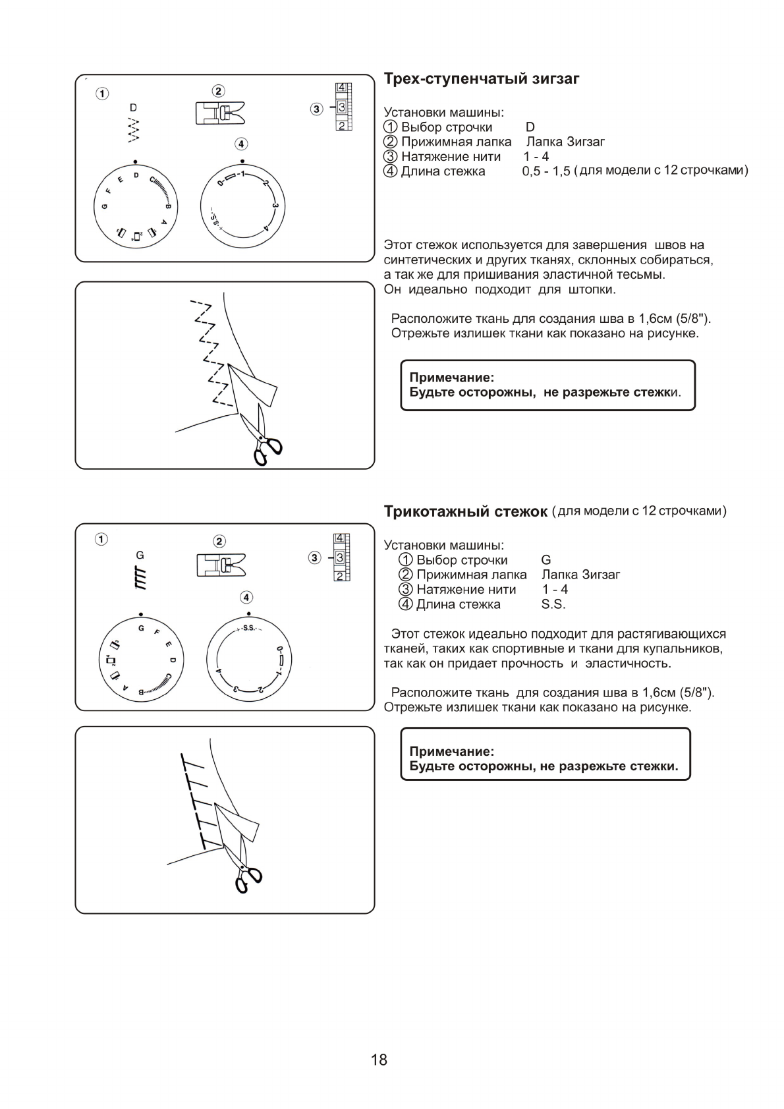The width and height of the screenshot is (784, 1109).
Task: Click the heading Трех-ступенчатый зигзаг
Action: click(x=482, y=79)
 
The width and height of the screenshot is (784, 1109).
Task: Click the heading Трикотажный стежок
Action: click(x=466, y=512)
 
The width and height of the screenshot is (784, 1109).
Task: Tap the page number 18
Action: click(x=379, y=1060)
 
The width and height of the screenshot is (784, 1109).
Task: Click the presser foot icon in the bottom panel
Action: click(x=220, y=565)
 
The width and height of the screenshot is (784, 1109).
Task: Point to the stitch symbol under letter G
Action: click(x=140, y=578)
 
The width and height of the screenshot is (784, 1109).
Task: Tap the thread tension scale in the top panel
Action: click(x=344, y=107)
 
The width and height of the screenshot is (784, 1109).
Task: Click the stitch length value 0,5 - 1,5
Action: click(x=546, y=172)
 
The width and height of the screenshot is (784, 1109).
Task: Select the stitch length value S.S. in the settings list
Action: click(x=553, y=604)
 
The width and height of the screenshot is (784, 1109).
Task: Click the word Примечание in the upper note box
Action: click(x=451, y=378)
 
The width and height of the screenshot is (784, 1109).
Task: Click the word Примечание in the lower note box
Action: click(x=451, y=751)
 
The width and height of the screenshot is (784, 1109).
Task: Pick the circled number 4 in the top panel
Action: click(x=241, y=144)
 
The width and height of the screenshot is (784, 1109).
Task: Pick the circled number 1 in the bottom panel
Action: click(x=100, y=540)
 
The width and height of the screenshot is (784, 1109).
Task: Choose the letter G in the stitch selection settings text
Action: click(x=546, y=560)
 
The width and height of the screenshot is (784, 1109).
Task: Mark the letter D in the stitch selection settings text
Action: click(x=530, y=127)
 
